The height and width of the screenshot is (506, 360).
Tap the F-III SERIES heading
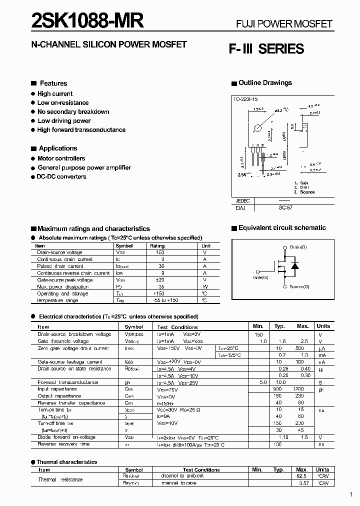click(266, 49)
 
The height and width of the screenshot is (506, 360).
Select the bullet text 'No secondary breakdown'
click(73, 111)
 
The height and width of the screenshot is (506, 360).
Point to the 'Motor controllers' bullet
click(61, 158)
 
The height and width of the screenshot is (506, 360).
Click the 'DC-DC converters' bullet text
click(61, 176)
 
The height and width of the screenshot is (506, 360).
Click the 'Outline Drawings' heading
click(265, 83)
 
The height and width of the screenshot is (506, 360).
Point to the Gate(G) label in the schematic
click(260, 277)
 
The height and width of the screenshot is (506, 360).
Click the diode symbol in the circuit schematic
click(295, 265)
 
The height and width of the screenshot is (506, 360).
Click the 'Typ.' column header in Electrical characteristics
click(279, 326)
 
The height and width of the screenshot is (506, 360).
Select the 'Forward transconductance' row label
click(67, 382)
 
